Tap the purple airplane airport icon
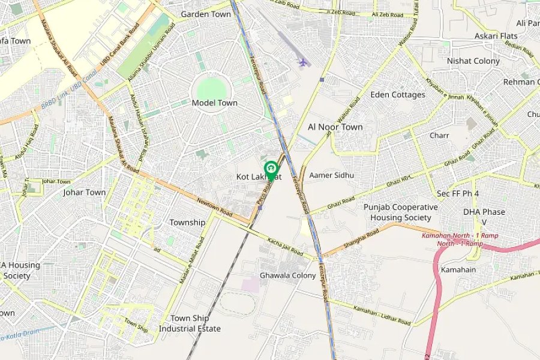pyautogui.click(x=303, y=62)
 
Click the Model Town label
pyautogui.click(x=214, y=103)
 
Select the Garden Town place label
pyautogui.click(x=206, y=14)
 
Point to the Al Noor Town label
pyautogui.click(x=335, y=127)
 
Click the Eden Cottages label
pyautogui.click(x=398, y=95)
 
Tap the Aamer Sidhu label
pyautogui.click(x=332, y=175)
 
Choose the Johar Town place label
pyautogui.click(x=84, y=193)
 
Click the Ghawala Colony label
pyautogui.click(x=287, y=275)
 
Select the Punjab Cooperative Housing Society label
pyautogui.click(x=400, y=212)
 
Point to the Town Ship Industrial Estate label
pyautogui.click(x=190, y=323)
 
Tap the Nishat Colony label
pyautogui.click(x=473, y=61)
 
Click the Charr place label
pyautogui.click(x=439, y=136)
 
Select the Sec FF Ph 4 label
pyautogui.click(x=458, y=193)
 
